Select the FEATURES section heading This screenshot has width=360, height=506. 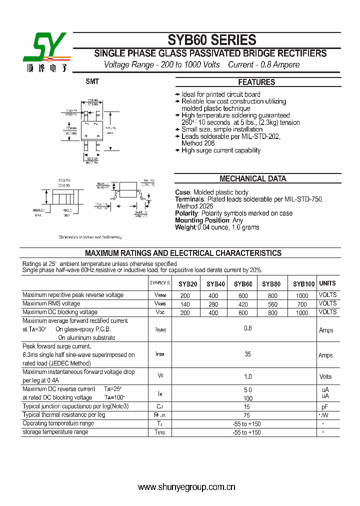[256, 82]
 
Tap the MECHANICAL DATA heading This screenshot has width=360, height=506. [253, 178]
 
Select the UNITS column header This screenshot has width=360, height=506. [327, 283]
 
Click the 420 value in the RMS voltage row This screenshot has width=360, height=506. [243, 304]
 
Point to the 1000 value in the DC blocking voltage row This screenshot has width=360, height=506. [302, 313]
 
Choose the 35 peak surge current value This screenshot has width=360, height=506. [247, 354]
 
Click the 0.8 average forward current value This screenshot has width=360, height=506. [247, 328]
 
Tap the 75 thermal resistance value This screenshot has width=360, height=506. [247, 415]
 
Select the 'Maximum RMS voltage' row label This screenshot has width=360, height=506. [51, 303]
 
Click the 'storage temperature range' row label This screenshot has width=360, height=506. [55, 432]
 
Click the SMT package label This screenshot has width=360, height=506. [92, 81]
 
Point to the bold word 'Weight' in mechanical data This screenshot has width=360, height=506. [185, 227]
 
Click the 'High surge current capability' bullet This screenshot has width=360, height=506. [220, 150]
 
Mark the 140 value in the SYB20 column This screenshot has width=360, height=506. [185, 304]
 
